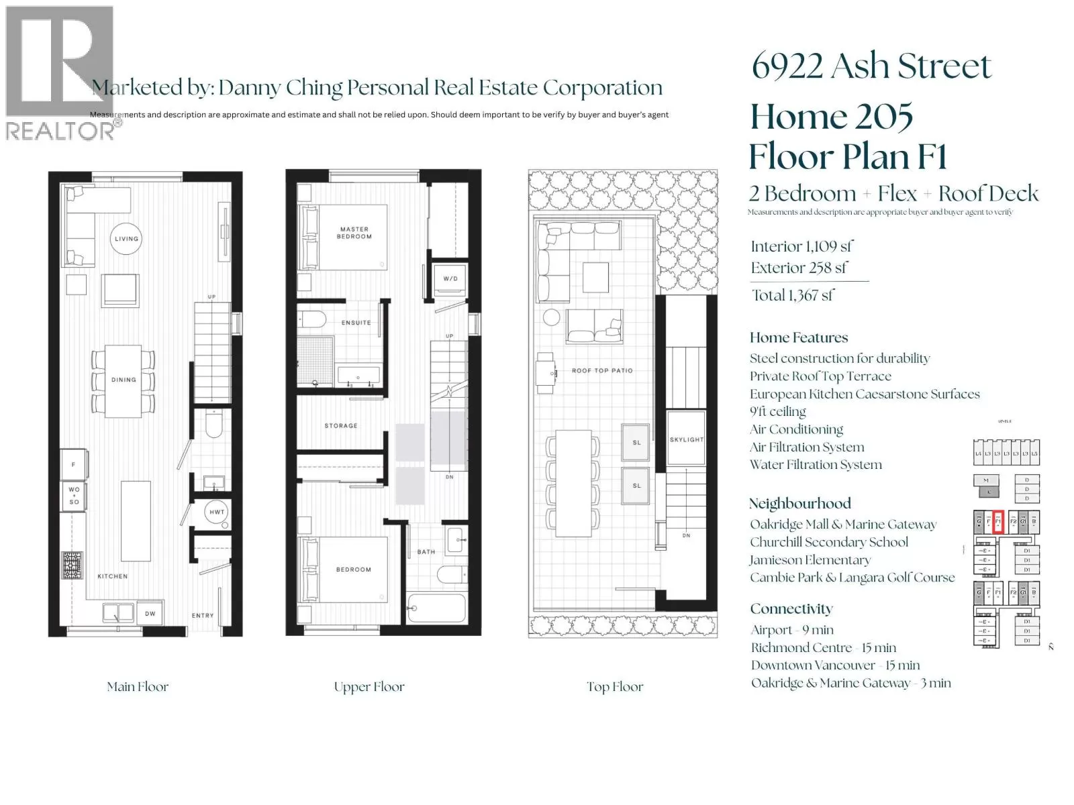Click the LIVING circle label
(126, 239)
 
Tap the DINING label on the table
(124, 380)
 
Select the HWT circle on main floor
(217, 513)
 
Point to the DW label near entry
(150, 614)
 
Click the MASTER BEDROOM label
(354, 233)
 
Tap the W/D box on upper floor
(450, 278)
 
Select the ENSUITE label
(356, 323)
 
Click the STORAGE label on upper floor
(341, 426)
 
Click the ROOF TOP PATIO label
(602, 370)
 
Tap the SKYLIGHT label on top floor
(686, 440)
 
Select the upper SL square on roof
(636, 442)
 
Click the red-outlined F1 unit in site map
(997, 521)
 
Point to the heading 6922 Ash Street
(871, 66)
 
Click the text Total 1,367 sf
(793, 296)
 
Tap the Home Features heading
(799, 337)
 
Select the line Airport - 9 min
(792, 630)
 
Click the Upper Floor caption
(369, 687)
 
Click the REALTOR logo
(59, 74)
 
